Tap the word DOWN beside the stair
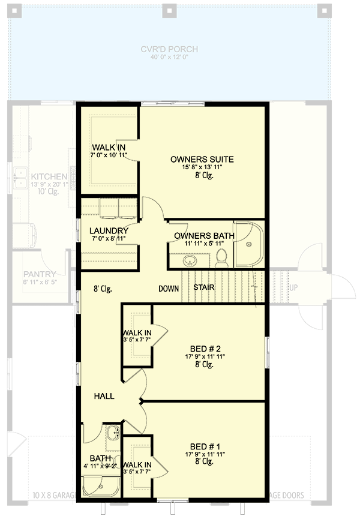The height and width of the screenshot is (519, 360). point(169,289)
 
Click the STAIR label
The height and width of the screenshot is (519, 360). point(203,287)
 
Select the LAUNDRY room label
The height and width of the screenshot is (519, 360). point(109,231)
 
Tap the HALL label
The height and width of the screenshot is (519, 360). point(104,397)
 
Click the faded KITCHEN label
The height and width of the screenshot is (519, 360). point(49,176)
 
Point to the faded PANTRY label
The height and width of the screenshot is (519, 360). point(40,274)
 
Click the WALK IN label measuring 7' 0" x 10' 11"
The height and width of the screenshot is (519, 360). point(109,148)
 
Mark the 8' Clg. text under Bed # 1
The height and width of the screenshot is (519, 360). point(204,461)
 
